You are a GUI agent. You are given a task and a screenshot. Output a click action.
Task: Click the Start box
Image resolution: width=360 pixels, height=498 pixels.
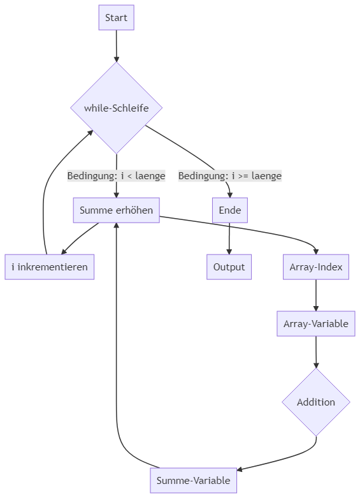pos(116,17)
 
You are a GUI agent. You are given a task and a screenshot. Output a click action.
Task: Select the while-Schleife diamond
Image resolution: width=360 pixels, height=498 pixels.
pos(116,108)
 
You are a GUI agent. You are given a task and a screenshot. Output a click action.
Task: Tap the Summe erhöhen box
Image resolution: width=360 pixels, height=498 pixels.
pos(116,210)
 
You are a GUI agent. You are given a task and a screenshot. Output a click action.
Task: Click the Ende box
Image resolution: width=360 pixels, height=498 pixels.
pos(230,210)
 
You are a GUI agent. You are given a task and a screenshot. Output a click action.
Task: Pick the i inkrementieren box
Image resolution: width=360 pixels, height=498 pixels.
pos(50,267)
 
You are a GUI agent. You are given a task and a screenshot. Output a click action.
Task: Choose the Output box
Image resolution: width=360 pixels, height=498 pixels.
pos(229,267)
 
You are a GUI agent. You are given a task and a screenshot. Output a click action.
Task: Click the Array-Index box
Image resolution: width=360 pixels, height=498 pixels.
pos(316,267)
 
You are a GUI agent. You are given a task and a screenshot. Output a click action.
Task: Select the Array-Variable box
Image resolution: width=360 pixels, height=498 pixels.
pos(316,324)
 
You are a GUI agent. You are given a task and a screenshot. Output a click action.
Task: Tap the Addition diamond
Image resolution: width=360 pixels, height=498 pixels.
pos(316,402)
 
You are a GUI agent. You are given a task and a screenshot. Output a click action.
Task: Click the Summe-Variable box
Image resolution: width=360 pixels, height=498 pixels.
pos(193,480)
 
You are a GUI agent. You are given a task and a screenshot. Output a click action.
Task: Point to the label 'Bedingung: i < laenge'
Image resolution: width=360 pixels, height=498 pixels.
pos(116,175)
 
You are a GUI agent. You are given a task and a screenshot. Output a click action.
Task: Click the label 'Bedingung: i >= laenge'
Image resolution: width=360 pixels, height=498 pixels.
pos(230,175)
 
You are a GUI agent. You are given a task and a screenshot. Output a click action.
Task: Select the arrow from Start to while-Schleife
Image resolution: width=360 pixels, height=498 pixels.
pos(116,46)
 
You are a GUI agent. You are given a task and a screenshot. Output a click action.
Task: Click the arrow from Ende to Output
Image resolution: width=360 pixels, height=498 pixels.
pos(229,238)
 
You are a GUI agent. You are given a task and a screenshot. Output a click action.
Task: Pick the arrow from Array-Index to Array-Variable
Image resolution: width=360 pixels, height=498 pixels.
pos(316,295)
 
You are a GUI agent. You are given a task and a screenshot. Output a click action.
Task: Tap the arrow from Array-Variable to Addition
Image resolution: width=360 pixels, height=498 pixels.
pos(316,352)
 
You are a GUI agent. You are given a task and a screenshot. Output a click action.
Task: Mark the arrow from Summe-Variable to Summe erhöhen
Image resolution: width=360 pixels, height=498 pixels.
pos(117,365)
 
